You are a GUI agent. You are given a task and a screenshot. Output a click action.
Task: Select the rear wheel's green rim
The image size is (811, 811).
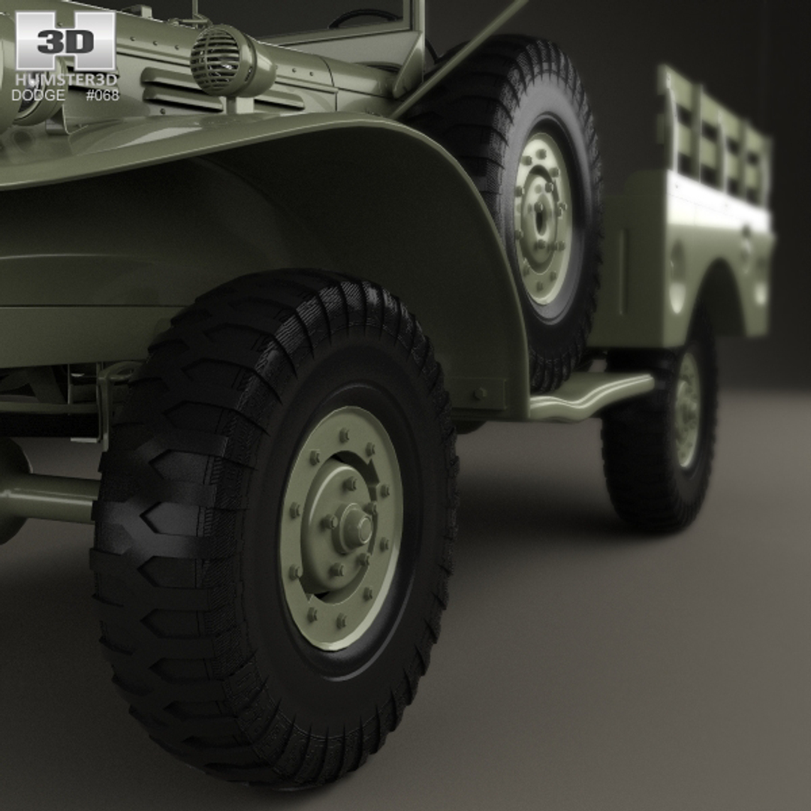687,410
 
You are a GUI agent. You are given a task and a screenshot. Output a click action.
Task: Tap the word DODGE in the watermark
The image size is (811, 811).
38,95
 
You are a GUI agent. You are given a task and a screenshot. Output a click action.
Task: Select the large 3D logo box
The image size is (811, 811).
65,41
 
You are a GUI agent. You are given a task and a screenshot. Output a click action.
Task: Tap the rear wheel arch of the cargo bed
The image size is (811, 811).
717,285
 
